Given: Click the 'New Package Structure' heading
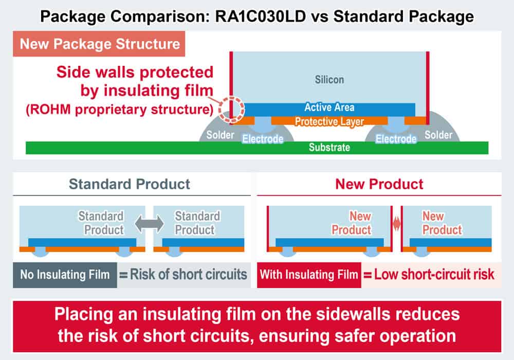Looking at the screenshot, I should coord(100,44).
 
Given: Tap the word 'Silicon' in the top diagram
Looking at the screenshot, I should coord(329,80).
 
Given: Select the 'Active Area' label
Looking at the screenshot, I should coord(329,108).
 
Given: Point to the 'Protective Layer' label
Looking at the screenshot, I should coord(329,122).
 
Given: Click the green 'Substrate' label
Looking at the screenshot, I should coord(329,148).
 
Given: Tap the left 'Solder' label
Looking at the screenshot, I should coord(220,135).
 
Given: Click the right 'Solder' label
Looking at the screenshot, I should coord(438,135).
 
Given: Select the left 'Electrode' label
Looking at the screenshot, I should coord(263,139).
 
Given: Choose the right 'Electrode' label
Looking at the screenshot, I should coord(396,139).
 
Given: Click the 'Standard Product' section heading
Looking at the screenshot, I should coord(130,184).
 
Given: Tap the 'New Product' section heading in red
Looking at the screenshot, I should coord(379,184).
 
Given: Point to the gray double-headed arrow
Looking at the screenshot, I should coord(150,223).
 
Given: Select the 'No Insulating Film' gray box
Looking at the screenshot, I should coord(65,274).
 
